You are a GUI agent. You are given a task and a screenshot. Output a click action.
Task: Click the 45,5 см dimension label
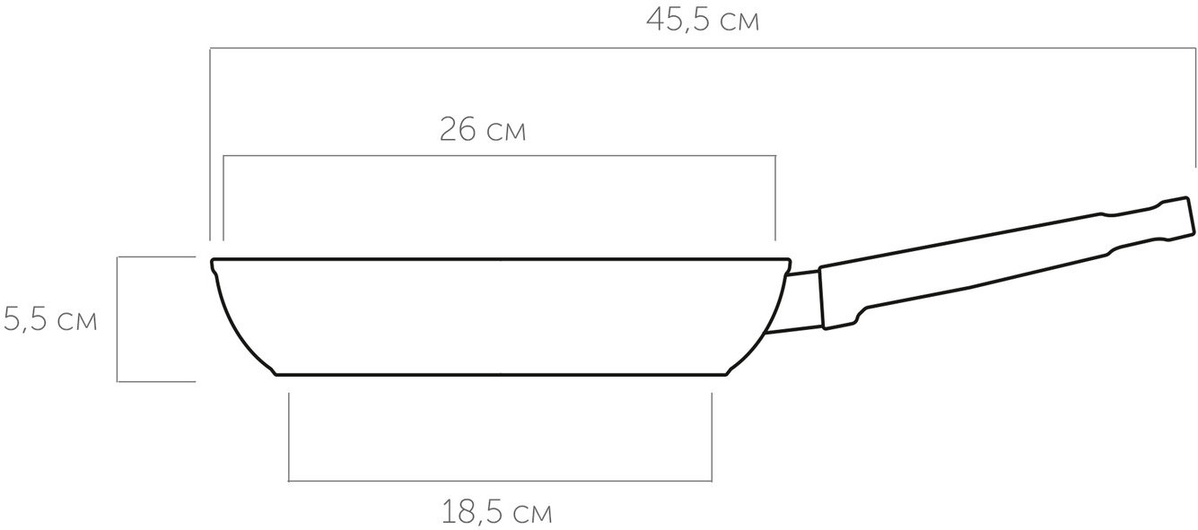(x=703, y=21)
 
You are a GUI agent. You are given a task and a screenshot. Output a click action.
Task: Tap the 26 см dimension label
(x=483, y=130)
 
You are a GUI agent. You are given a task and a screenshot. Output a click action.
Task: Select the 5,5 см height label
(x=49, y=319)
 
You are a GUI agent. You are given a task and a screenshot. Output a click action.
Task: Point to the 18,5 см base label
(x=496, y=512)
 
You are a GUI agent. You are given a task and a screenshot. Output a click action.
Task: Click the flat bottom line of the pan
(x=501, y=375)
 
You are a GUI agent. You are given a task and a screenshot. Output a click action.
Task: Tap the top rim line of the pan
(x=501, y=260)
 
